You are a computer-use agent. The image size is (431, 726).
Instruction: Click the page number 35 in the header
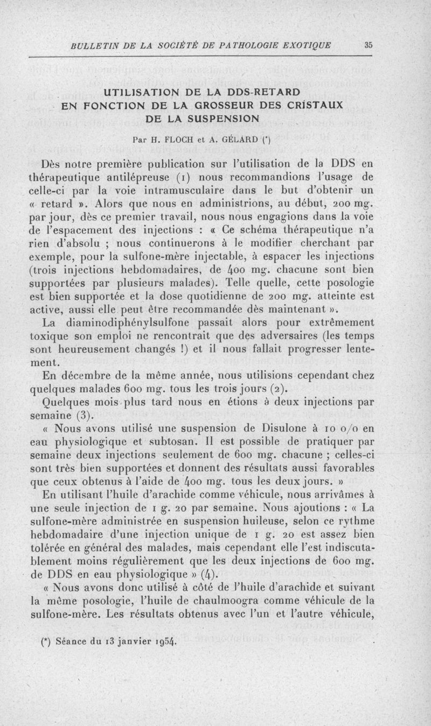coord(369,45)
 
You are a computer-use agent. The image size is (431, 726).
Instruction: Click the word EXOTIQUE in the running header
coord(307,45)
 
